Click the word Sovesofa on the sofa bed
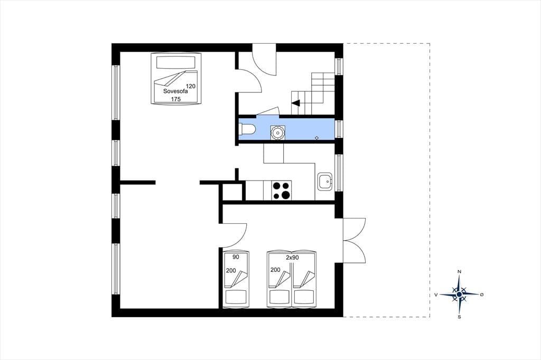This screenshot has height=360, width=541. (x=175, y=92)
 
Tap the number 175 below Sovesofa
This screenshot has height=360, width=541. (x=176, y=99)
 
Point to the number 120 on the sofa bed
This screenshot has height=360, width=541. (x=191, y=86)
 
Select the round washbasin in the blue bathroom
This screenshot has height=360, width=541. (x=277, y=132)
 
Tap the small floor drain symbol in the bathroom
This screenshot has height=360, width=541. (x=317, y=138)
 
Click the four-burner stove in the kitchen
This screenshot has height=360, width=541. (x=282, y=191)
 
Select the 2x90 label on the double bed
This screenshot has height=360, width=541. (x=292, y=257)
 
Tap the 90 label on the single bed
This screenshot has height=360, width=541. (x=236, y=257)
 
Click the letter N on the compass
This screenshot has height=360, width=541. (x=459, y=272)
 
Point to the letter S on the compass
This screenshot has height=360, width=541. (x=459, y=317)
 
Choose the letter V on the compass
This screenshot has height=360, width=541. (x=436, y=295)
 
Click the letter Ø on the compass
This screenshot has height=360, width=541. (x=482, y=295)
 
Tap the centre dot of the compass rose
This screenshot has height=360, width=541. (x=459, y=295)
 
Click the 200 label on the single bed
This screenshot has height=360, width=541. (x=231, y=271)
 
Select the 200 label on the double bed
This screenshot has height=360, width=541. (x=275, y=270)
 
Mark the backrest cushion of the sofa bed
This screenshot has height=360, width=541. (x=176, y=62)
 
